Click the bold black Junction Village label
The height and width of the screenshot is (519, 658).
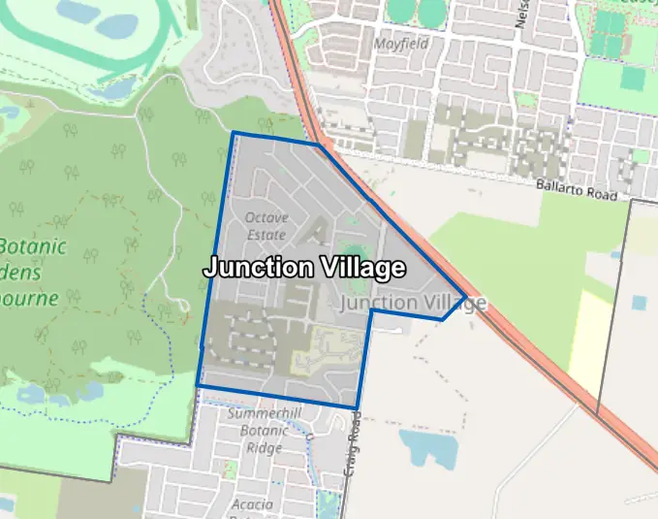(303, 268)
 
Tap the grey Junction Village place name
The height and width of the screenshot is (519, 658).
(414, 304)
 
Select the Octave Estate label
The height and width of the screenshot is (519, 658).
(266, 226)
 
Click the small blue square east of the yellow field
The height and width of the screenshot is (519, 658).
(638, 303)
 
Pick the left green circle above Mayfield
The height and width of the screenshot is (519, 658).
(400, 9)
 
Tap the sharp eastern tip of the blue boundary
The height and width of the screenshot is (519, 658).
(466, 297)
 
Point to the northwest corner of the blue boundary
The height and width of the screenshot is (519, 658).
(233, 132)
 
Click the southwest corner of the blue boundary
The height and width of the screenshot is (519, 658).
(198, 385)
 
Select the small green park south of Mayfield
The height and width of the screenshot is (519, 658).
(526, 99)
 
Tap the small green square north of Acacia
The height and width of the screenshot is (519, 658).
(232, 469)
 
